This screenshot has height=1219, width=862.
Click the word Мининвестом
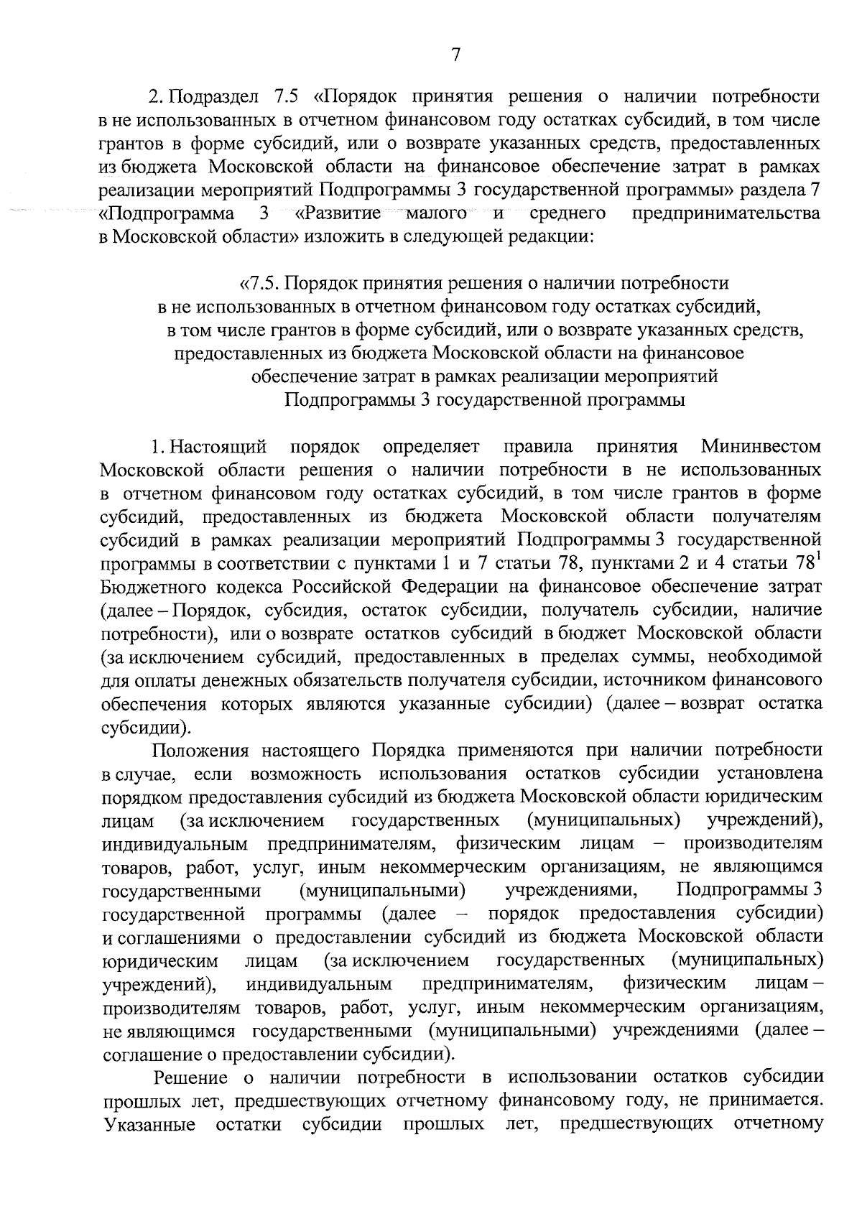(x=761, y=447)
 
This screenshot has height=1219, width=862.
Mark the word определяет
(x=431, y=447)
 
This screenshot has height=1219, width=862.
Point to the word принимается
(x=761, y=1101)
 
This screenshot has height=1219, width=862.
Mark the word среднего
(x=567, y=213)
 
